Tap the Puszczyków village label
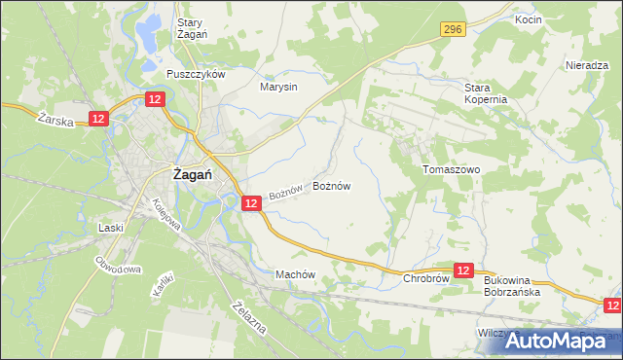point(196,74)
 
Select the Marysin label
point(278,87)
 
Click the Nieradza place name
point(586,65)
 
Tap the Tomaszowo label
point(452,168)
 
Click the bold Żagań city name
point(195,175)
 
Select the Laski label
point(111,228)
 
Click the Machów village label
point(296,274)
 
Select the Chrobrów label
point(425,278)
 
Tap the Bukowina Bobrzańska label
point(519,285)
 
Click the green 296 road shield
point(450,31)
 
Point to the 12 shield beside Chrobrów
point(464,270)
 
